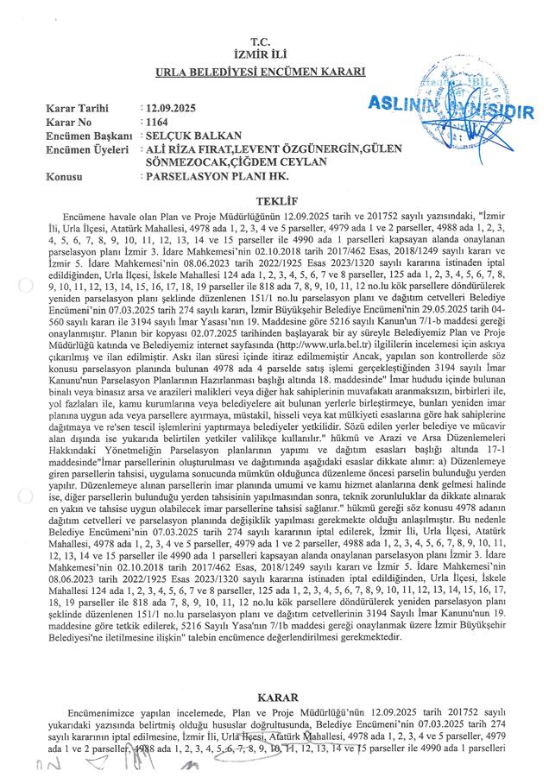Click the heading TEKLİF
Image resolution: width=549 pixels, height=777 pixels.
point(274,198)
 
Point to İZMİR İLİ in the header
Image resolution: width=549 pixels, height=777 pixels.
point(274,54)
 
